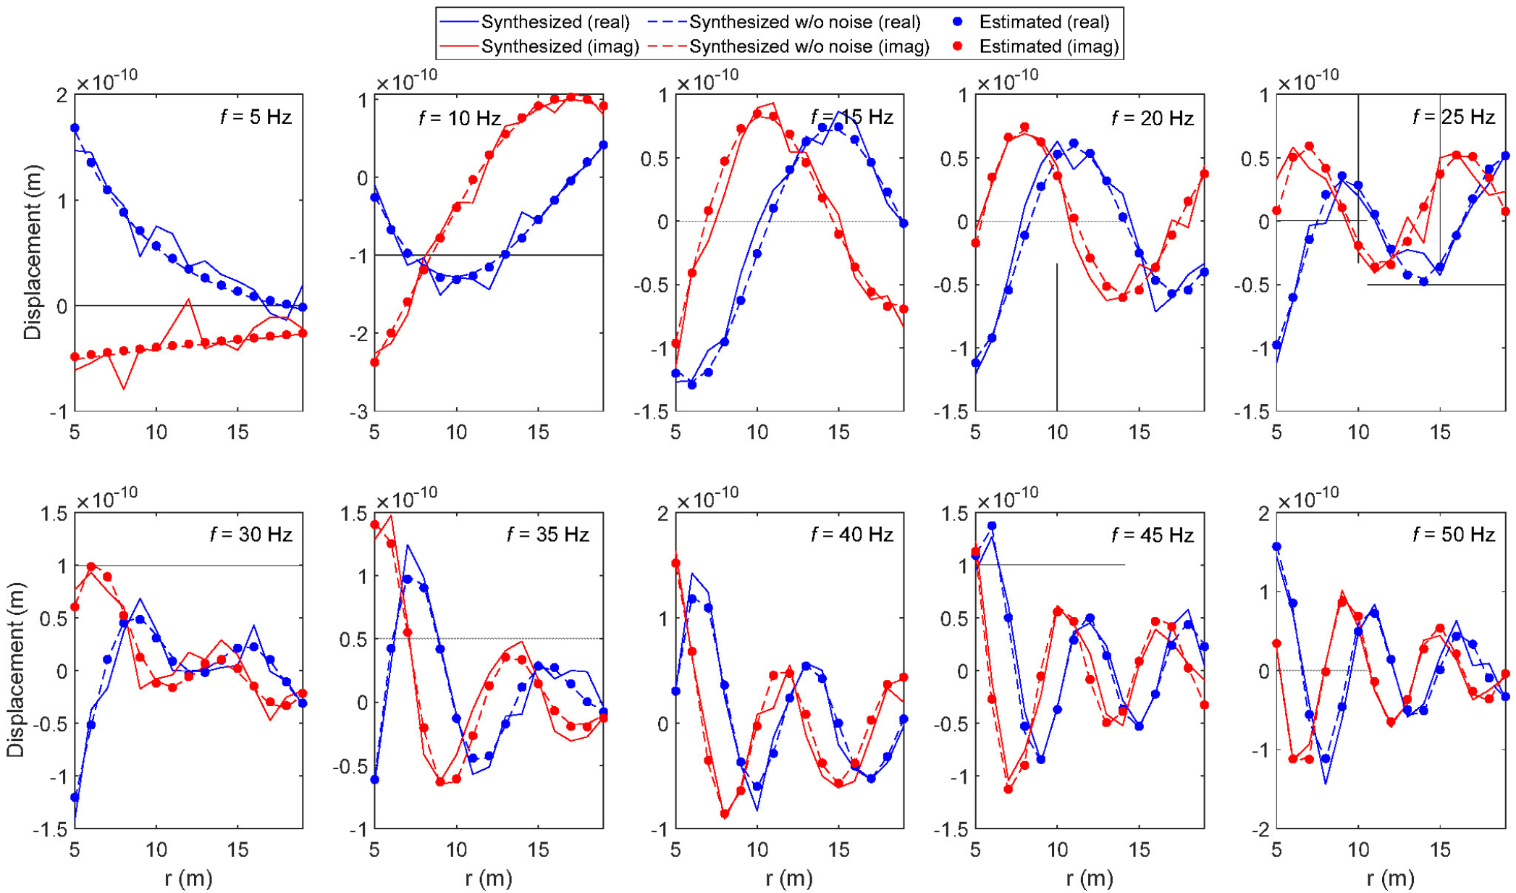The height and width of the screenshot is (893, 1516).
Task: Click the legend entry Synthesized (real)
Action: pos(555,22)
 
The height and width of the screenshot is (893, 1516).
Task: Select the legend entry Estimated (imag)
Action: pos(1048,47)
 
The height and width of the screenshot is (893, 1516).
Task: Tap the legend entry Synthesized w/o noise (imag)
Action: pos(809,47)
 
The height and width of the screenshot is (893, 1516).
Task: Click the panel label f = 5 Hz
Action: pos(256,117)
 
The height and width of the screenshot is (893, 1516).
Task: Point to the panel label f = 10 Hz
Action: pos(460,118)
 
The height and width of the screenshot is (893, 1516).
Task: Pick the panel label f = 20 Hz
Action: pos(1153,118)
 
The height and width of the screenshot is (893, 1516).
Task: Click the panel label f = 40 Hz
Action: pos(852,534)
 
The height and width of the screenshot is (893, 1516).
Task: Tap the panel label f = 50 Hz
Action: pos(1454,534)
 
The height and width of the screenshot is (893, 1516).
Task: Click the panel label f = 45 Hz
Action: pos(1153,534)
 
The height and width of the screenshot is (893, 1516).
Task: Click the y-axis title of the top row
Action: pos(33,252)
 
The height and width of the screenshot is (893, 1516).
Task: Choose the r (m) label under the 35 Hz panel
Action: pos(489,879)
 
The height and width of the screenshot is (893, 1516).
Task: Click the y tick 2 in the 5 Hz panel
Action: pos(62,95)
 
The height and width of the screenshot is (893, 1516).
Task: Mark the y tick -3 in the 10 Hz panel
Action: pos(358,411)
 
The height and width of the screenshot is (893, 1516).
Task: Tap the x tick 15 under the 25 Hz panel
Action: pos(1440,432)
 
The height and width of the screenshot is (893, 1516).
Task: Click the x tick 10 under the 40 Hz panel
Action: pos(757,850)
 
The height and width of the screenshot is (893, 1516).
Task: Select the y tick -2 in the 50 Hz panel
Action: pos(1259,829)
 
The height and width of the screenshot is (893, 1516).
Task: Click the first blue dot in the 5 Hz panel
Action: pos(75,128)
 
